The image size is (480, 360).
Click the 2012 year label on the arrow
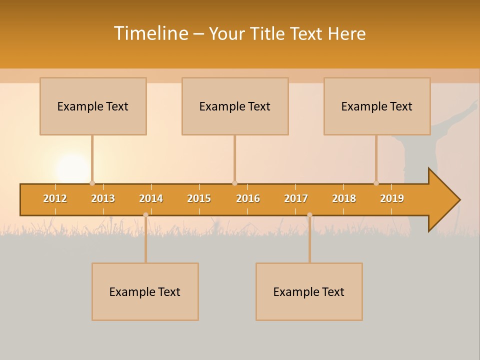pos(55,198)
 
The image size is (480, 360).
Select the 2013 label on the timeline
pos(103,198)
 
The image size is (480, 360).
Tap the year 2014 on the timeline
pos(151,198)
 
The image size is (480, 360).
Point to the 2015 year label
pos(199,198)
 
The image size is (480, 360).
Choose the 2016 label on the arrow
pos(248,198)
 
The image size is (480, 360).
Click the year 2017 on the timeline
pos(296,198)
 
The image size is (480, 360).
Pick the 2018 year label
pos(344,198)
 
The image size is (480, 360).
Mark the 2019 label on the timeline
pos(392,198)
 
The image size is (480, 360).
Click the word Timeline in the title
pos(150,33)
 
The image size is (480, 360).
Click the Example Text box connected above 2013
pos(93,106)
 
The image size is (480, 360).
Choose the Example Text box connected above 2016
pos(235,106)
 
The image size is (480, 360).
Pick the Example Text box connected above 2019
pos(377,106)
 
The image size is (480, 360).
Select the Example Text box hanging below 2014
pos(145,291)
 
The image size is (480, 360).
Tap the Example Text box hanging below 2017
pos(309,291)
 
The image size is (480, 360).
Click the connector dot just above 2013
pos(92,183)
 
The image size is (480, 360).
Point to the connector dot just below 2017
pos(309,215)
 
